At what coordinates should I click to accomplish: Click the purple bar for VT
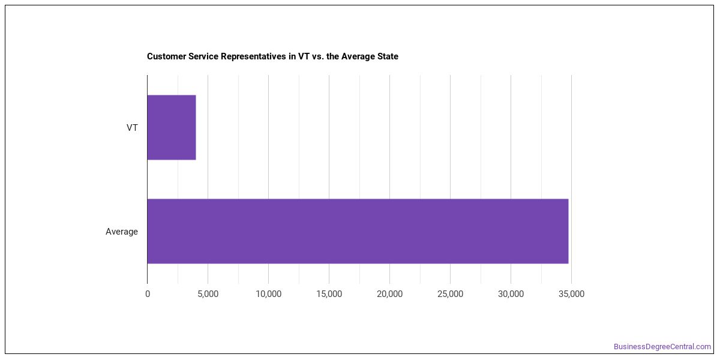pyautogui.click(x=172, y=127)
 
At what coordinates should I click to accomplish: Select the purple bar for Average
pyautogui.click(x=358, y=231)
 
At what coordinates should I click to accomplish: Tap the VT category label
pyautogui.click(x=132, y=128)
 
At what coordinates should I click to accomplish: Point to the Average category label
pyautogui.click(x=121, y=232)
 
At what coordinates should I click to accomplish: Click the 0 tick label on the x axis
pyautogui.click(x=148, y=294)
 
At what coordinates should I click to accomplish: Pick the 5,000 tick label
pyautogui.click(x=208, y=294)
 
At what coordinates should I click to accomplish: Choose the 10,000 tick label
pyautogui.click(x=268, y=294)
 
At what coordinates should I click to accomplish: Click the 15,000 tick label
pyautogui.click(x=329, y=294)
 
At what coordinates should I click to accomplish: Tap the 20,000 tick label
pyautogui.click(x=389, y=294)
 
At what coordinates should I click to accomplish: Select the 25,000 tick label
pyautogui.click(x=450, y=294)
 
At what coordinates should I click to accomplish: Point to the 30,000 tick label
pyautogui.click(x=511, y=294)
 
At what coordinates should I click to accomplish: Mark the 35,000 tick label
pyautogui.click(x=571, y=294)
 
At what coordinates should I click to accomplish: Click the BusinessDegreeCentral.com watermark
pyautogui.click(x=662, y=347)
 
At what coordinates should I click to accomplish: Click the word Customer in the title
pyautogui.click(x=166, y=56)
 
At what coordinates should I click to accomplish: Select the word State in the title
pyautogui.click(x=388, y=56)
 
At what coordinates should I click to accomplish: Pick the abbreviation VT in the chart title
pyautogui.click(x=304, y=56)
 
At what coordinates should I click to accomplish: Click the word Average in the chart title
pyautogui.click(x=358, y=57)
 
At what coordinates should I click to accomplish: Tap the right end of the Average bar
pyautogui.click(x=568, y=231)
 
